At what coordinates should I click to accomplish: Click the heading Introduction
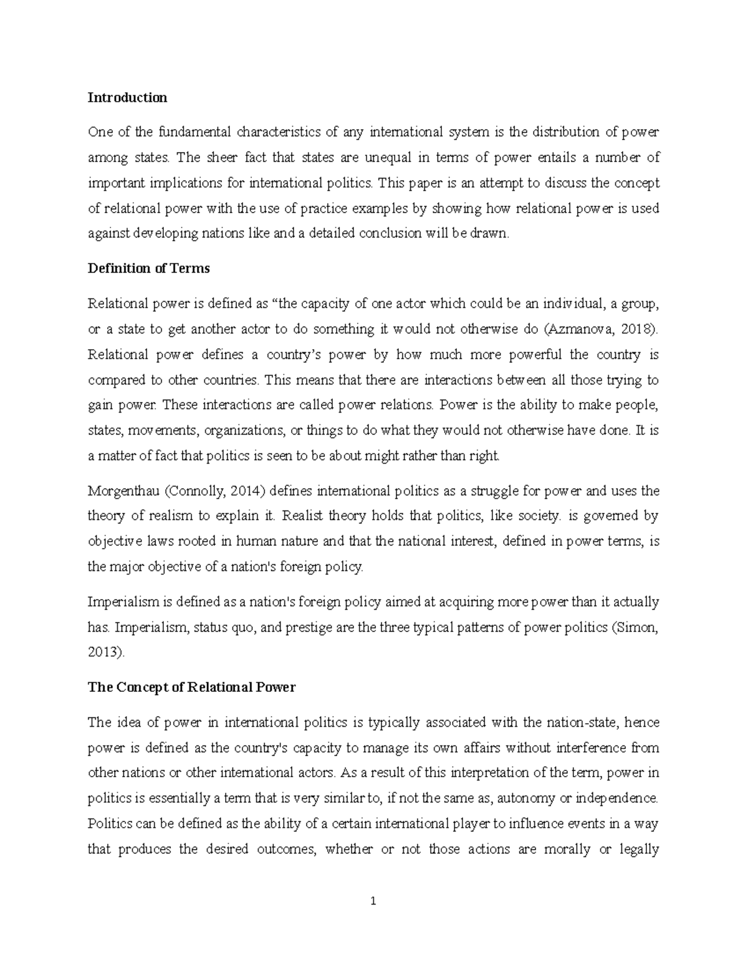coord(127,97)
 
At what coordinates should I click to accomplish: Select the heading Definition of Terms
coord(148,268)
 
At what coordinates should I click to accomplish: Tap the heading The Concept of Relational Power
coord(191,687)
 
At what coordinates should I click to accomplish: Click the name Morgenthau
coord(124,491)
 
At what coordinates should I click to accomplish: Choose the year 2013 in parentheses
coord(103,653)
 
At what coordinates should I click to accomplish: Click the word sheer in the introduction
coord(222,157)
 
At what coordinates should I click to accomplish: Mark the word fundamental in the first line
coord(194,132)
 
